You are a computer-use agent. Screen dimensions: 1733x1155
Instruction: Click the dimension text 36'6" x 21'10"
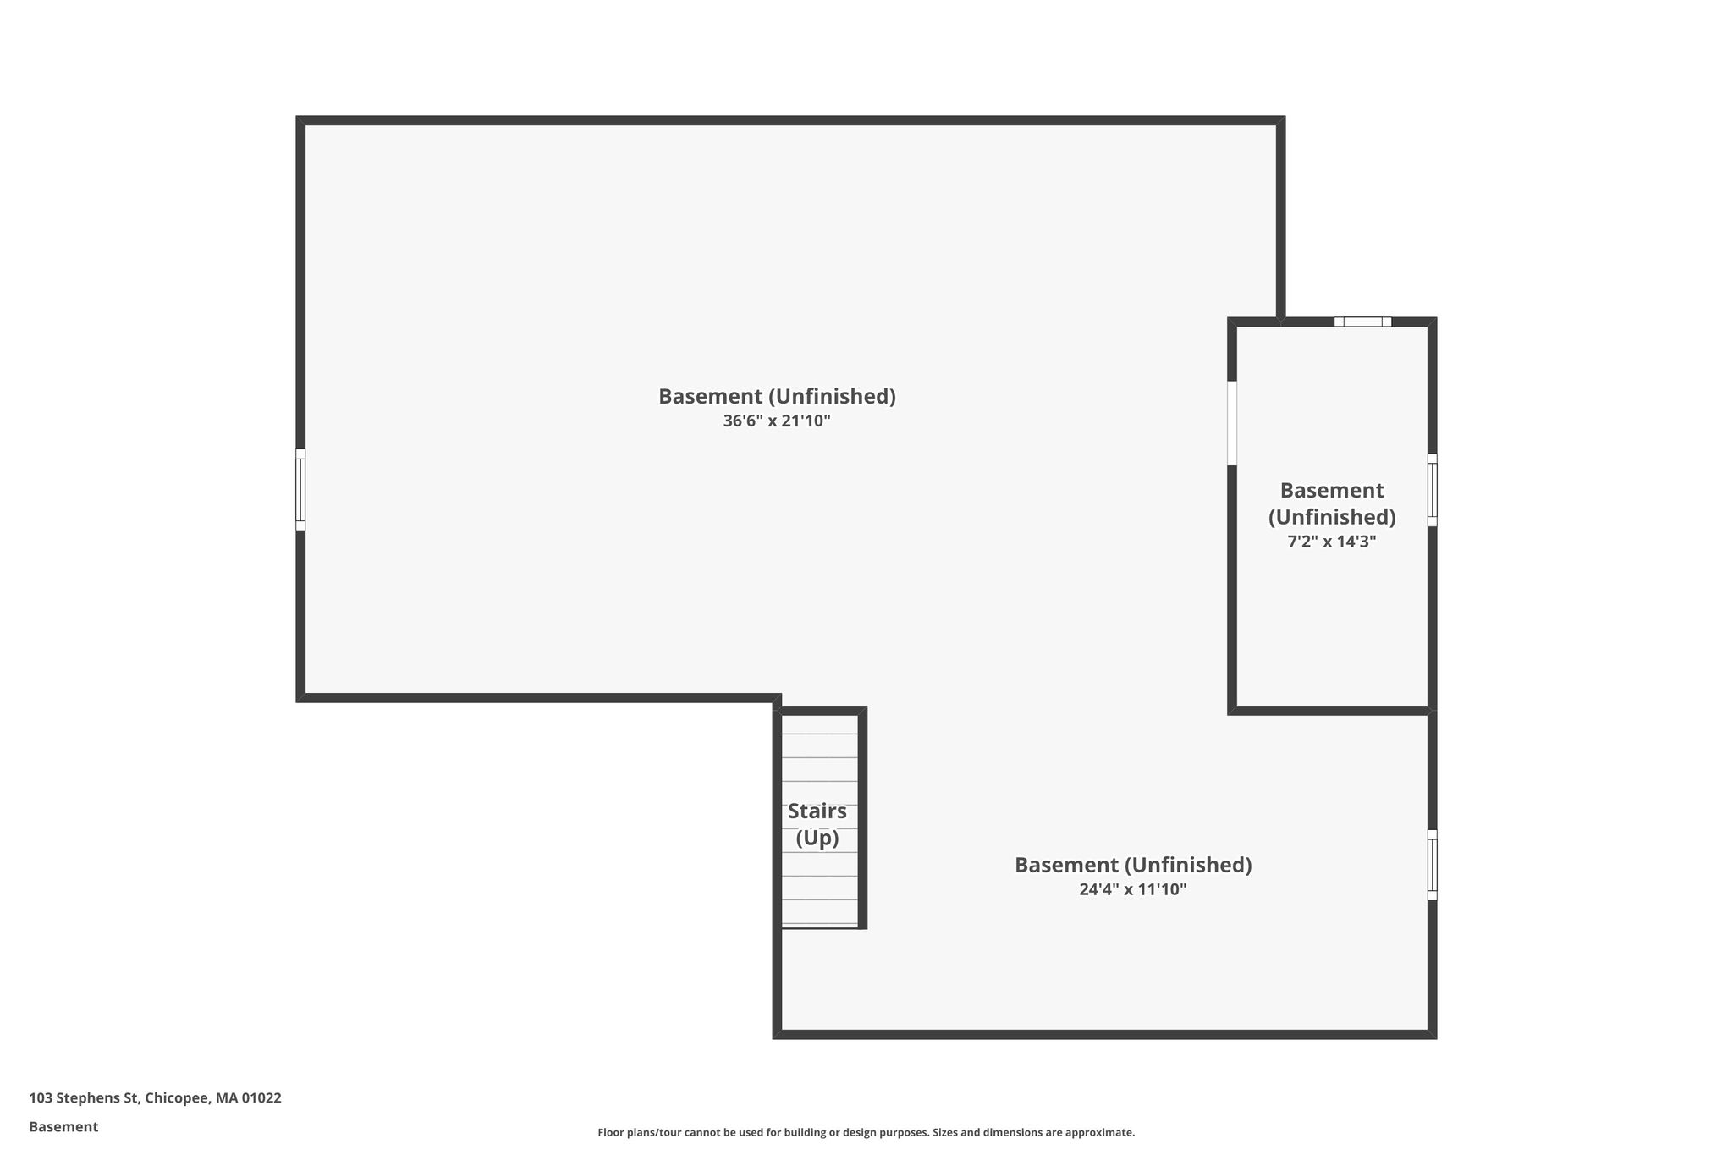click(x=777, y=421)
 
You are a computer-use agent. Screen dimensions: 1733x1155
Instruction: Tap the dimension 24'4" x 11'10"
click(x=1133, y=889)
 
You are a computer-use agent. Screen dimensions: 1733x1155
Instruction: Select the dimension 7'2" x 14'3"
click(x=1332, y=542)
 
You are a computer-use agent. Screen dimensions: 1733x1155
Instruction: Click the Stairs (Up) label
click(x=817, y=824)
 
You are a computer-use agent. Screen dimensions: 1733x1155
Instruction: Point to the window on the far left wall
click(x=300, y=489)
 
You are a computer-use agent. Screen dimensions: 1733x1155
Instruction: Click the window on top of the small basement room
click(x=1362, y=322)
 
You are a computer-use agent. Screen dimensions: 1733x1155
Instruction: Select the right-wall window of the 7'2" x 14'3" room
click(x=1432, y=490)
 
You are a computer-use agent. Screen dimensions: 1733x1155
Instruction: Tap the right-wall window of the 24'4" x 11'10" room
click(x=1432, y=865)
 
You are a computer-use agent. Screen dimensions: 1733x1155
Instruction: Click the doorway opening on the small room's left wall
click(x=1232, y=423)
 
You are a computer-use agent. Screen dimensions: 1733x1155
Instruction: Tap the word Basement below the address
click(x=63, y=1126)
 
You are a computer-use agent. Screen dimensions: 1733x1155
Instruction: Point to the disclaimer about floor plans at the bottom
click(x=866, y=1132)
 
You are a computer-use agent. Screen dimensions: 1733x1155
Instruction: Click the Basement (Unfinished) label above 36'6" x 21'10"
click(x=777, y=396)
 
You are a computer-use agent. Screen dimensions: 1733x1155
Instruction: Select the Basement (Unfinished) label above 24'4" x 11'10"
click(x=1133, y=865)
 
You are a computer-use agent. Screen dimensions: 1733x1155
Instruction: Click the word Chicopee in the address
click(x=176, y=1097)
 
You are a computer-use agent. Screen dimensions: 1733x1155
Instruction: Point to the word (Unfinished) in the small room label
click(x=1332, y=516)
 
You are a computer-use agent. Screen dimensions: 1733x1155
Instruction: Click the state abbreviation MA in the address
click(x=227, y=1097)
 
